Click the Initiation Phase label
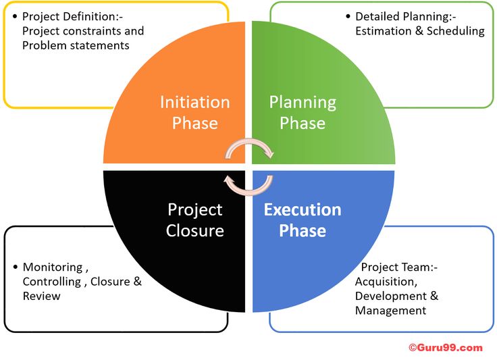[x=195, y=113]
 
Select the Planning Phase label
[x=303, y=113]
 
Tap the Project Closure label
[x=195, y=220]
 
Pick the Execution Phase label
[x=303, y=220]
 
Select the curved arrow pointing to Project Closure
[x=248, y=191]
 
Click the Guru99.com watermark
[x=446, y=348]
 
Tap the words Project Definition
[x=70, y=16]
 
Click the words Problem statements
[x=76, y=46]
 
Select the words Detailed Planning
[x=402, y=16]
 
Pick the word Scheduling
[x=456, y=31]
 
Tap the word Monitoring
[x=53, y=267]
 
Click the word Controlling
[x=52, y=282]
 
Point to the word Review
[x=41, y=296]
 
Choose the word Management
[x=390, y=311]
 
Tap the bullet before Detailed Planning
[x=348, y=16]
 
